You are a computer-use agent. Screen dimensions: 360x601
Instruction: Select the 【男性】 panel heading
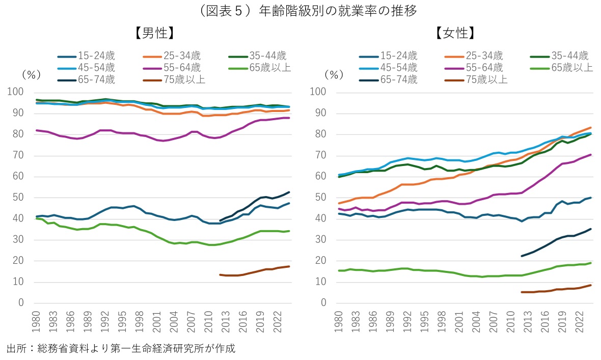click(x=155, y=34)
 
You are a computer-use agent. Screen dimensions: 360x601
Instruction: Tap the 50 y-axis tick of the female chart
click(x=321, y=198)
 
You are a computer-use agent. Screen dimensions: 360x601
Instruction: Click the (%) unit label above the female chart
click(x=334, y=74)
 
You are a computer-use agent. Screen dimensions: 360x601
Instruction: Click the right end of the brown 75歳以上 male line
click(x=289, y=266)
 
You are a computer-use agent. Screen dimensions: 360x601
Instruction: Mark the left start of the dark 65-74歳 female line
click(x=522, y=256)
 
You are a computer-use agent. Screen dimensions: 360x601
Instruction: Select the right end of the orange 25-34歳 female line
click(x=591, y=127)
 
